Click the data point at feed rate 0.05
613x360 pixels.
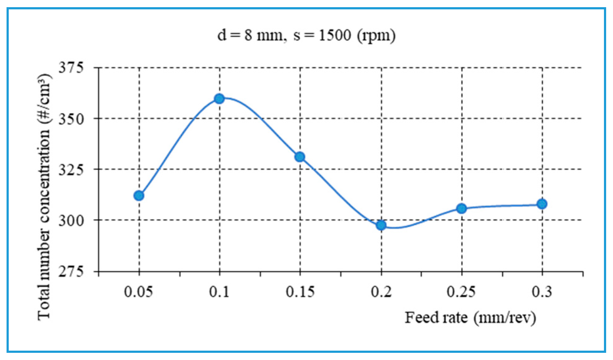[x=139, y=196]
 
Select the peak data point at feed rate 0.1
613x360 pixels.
[x=219, y=99]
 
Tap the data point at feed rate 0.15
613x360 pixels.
[x=300, y=157]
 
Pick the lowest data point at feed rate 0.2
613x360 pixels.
[x=381, y=225]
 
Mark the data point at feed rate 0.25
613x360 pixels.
[x=461, y=208]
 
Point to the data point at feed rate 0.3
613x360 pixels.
[x=542, y=204]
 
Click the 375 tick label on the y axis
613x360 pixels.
[x=71, y=67]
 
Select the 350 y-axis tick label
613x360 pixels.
[x=71, y=119]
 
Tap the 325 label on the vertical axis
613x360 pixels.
[x=71, y=170]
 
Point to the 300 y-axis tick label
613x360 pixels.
[x=71, y=221]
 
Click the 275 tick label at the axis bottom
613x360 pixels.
[x=71, y=271]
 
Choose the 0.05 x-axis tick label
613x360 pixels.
[x=138, y=292]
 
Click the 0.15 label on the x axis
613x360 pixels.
[x=300, y=292]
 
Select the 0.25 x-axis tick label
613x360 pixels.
[x=461, y=292]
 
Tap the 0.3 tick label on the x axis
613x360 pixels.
[x=542, y=292]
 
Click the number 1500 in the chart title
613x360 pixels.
[x=335, y=35]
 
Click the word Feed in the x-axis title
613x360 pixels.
[x=421, y=318]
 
